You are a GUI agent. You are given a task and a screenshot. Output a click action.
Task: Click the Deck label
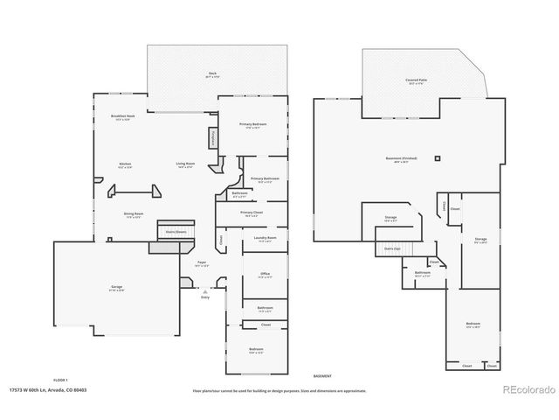pos(212,74)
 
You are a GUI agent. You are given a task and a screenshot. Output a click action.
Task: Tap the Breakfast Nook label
pos(122,116)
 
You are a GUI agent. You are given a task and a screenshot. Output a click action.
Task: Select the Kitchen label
pos(125,164)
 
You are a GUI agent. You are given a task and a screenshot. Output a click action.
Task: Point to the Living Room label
pos(185,164)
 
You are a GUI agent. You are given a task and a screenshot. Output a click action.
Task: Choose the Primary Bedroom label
pos(252,125)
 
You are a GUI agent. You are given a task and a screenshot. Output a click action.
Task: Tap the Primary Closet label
pos(252,213)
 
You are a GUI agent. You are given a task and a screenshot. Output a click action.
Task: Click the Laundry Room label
pos(265,238)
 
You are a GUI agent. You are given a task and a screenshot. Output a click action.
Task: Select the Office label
pos(265,275)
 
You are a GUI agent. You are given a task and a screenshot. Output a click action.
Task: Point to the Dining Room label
pos(134,214)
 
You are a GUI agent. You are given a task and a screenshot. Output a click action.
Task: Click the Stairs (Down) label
pos(175,232)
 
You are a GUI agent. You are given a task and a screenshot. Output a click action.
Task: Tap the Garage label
pos(116,288)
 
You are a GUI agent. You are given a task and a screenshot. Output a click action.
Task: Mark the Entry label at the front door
pos(205,297)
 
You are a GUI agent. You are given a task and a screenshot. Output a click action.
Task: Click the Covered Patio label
pos(416,80)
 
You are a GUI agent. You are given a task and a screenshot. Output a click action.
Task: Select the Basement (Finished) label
pos(401,158)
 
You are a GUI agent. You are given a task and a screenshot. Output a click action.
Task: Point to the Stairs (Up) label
pos(392,248)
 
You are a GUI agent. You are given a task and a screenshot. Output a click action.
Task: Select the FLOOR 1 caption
pos(60,380)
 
